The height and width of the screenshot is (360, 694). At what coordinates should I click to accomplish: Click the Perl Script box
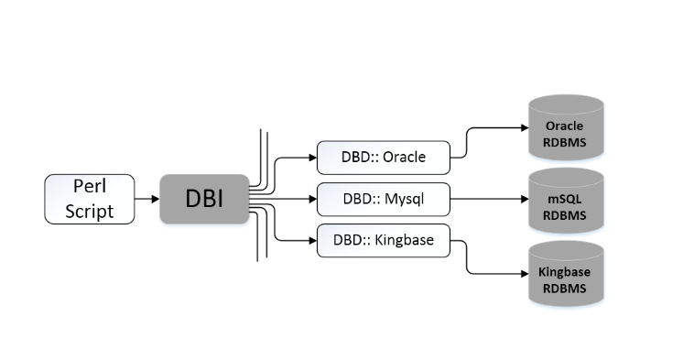[90, 199]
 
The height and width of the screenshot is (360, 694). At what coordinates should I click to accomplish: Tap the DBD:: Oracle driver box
[384, 158]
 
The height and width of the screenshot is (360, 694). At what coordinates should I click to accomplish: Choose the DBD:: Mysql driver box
[384, 199]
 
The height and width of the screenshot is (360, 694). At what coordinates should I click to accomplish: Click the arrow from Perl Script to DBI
[146, 199]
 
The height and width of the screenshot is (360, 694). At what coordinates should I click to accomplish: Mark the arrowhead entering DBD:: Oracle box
[311, 158]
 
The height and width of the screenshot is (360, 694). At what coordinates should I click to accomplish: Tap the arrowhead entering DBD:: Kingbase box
[311, 241]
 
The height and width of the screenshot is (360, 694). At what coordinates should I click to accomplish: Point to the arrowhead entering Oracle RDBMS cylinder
[526, 129]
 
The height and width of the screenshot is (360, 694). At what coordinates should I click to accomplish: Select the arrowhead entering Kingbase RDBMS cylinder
[526, 272]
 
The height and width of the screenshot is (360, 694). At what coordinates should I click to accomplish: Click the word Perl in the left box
[90, 188]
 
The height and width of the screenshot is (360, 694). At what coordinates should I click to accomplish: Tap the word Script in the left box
[90, 211]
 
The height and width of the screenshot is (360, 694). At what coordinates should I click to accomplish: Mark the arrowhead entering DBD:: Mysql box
[311, 199]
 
